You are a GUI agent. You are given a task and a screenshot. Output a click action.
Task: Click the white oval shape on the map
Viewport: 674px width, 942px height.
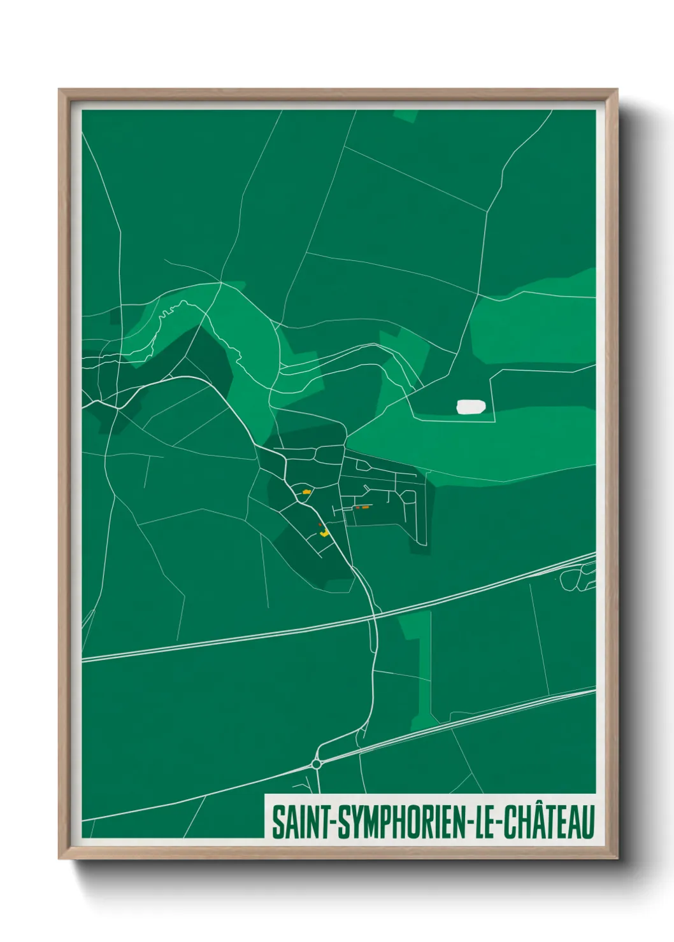point(471,407)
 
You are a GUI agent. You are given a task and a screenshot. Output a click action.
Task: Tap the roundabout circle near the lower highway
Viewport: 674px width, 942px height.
point(317,763)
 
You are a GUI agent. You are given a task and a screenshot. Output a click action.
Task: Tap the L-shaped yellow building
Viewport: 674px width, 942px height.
point(324,532)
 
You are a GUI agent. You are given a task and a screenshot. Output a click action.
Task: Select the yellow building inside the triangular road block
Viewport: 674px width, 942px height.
point(306,491)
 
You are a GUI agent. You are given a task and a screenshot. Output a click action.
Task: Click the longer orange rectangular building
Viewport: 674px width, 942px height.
point(366,507)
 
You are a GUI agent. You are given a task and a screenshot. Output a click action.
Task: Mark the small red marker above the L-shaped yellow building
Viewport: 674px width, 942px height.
point(320,523)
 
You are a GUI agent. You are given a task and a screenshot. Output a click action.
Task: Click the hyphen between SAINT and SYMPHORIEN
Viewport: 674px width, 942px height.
point(331,824)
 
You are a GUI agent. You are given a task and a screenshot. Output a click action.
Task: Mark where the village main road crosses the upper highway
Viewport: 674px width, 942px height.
point(375,615)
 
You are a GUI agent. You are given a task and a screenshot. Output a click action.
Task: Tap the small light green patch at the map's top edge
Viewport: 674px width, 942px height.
point(406,115)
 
